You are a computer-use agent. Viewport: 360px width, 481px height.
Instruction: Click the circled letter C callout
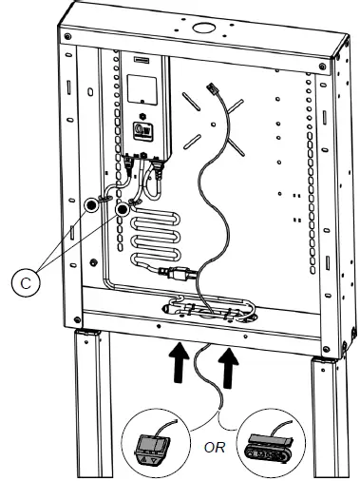click(26, 282)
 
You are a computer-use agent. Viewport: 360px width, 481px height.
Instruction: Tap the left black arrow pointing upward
click(179, 362)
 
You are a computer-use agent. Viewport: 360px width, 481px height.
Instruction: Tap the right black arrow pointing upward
click(229, 368)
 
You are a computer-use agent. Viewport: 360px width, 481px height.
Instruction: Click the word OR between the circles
click(215, 448)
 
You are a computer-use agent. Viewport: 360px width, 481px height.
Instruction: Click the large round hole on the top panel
click(203, 28)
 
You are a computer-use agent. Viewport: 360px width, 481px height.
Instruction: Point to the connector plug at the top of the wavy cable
click(212, 87)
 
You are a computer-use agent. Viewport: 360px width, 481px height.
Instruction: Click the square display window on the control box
click(142, 89)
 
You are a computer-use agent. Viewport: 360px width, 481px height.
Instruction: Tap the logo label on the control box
click(142, 130)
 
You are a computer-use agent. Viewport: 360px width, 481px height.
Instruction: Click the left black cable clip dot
click(91, 205)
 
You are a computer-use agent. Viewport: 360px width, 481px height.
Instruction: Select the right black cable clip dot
click(123, 209)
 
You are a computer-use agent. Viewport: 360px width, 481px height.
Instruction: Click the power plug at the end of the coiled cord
click(176, 273)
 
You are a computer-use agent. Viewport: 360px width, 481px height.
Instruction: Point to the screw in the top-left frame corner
click(67, 36)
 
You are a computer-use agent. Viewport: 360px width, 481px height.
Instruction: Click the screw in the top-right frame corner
click(322, 67)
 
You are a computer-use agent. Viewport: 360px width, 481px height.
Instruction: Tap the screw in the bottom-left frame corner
click(77, 319)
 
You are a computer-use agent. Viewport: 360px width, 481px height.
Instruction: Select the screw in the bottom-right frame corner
click(325, 349)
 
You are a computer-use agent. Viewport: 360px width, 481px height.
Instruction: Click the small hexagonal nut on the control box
click(142, 115)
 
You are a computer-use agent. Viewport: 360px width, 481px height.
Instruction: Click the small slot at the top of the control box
click(142, 59)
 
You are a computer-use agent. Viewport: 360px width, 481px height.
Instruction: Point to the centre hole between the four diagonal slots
click(214, 125)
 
